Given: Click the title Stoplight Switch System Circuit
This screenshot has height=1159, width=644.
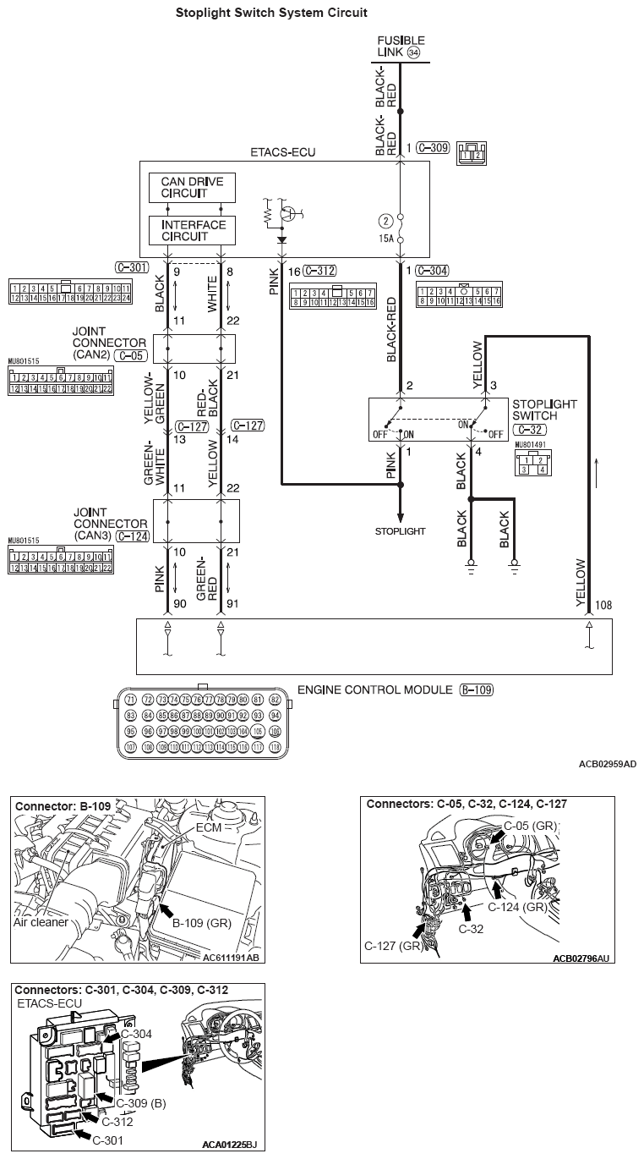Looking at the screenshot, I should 271,14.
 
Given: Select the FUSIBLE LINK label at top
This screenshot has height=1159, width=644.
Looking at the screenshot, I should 401,47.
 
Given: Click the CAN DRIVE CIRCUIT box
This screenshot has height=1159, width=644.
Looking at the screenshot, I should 192,188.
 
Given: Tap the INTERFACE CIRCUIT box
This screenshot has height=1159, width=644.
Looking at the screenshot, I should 192,230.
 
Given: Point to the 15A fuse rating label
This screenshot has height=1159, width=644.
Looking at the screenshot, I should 387,239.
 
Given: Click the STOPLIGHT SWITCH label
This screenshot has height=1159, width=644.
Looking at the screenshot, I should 544,411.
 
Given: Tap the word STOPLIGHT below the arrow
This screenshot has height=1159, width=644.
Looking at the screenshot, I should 401,531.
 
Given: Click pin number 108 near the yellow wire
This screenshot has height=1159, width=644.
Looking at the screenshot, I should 603,606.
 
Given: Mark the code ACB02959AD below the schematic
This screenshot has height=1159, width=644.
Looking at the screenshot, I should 607,764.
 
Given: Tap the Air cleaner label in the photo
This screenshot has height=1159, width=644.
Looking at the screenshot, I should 41,922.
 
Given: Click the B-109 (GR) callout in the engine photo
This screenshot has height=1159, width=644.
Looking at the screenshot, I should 201,924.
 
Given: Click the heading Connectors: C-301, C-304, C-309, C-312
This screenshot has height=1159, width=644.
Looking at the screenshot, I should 122,989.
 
